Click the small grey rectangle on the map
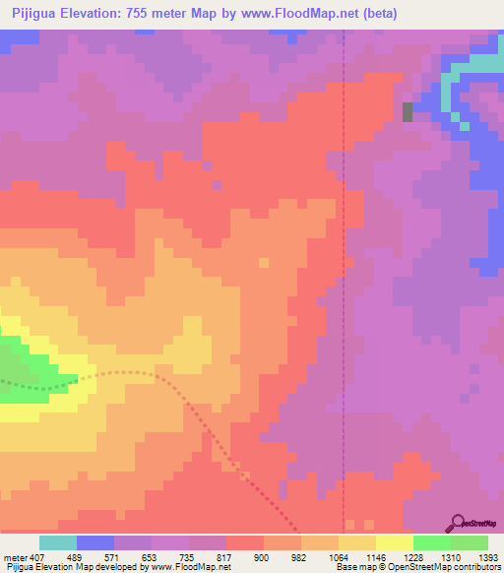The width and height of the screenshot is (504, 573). pyautogui.click(x=408, y=111)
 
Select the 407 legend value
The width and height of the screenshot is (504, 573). pyautogui.click(x=37, y=558)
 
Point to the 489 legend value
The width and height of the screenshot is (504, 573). pyautogui.click(x=75, y=558)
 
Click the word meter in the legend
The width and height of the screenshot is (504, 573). pyautogui.click(x=14, y=558)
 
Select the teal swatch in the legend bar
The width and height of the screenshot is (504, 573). pyautogui.click(x=58, y=542)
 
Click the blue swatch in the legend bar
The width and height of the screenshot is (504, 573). pyautogui.click(x=95, y=542)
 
